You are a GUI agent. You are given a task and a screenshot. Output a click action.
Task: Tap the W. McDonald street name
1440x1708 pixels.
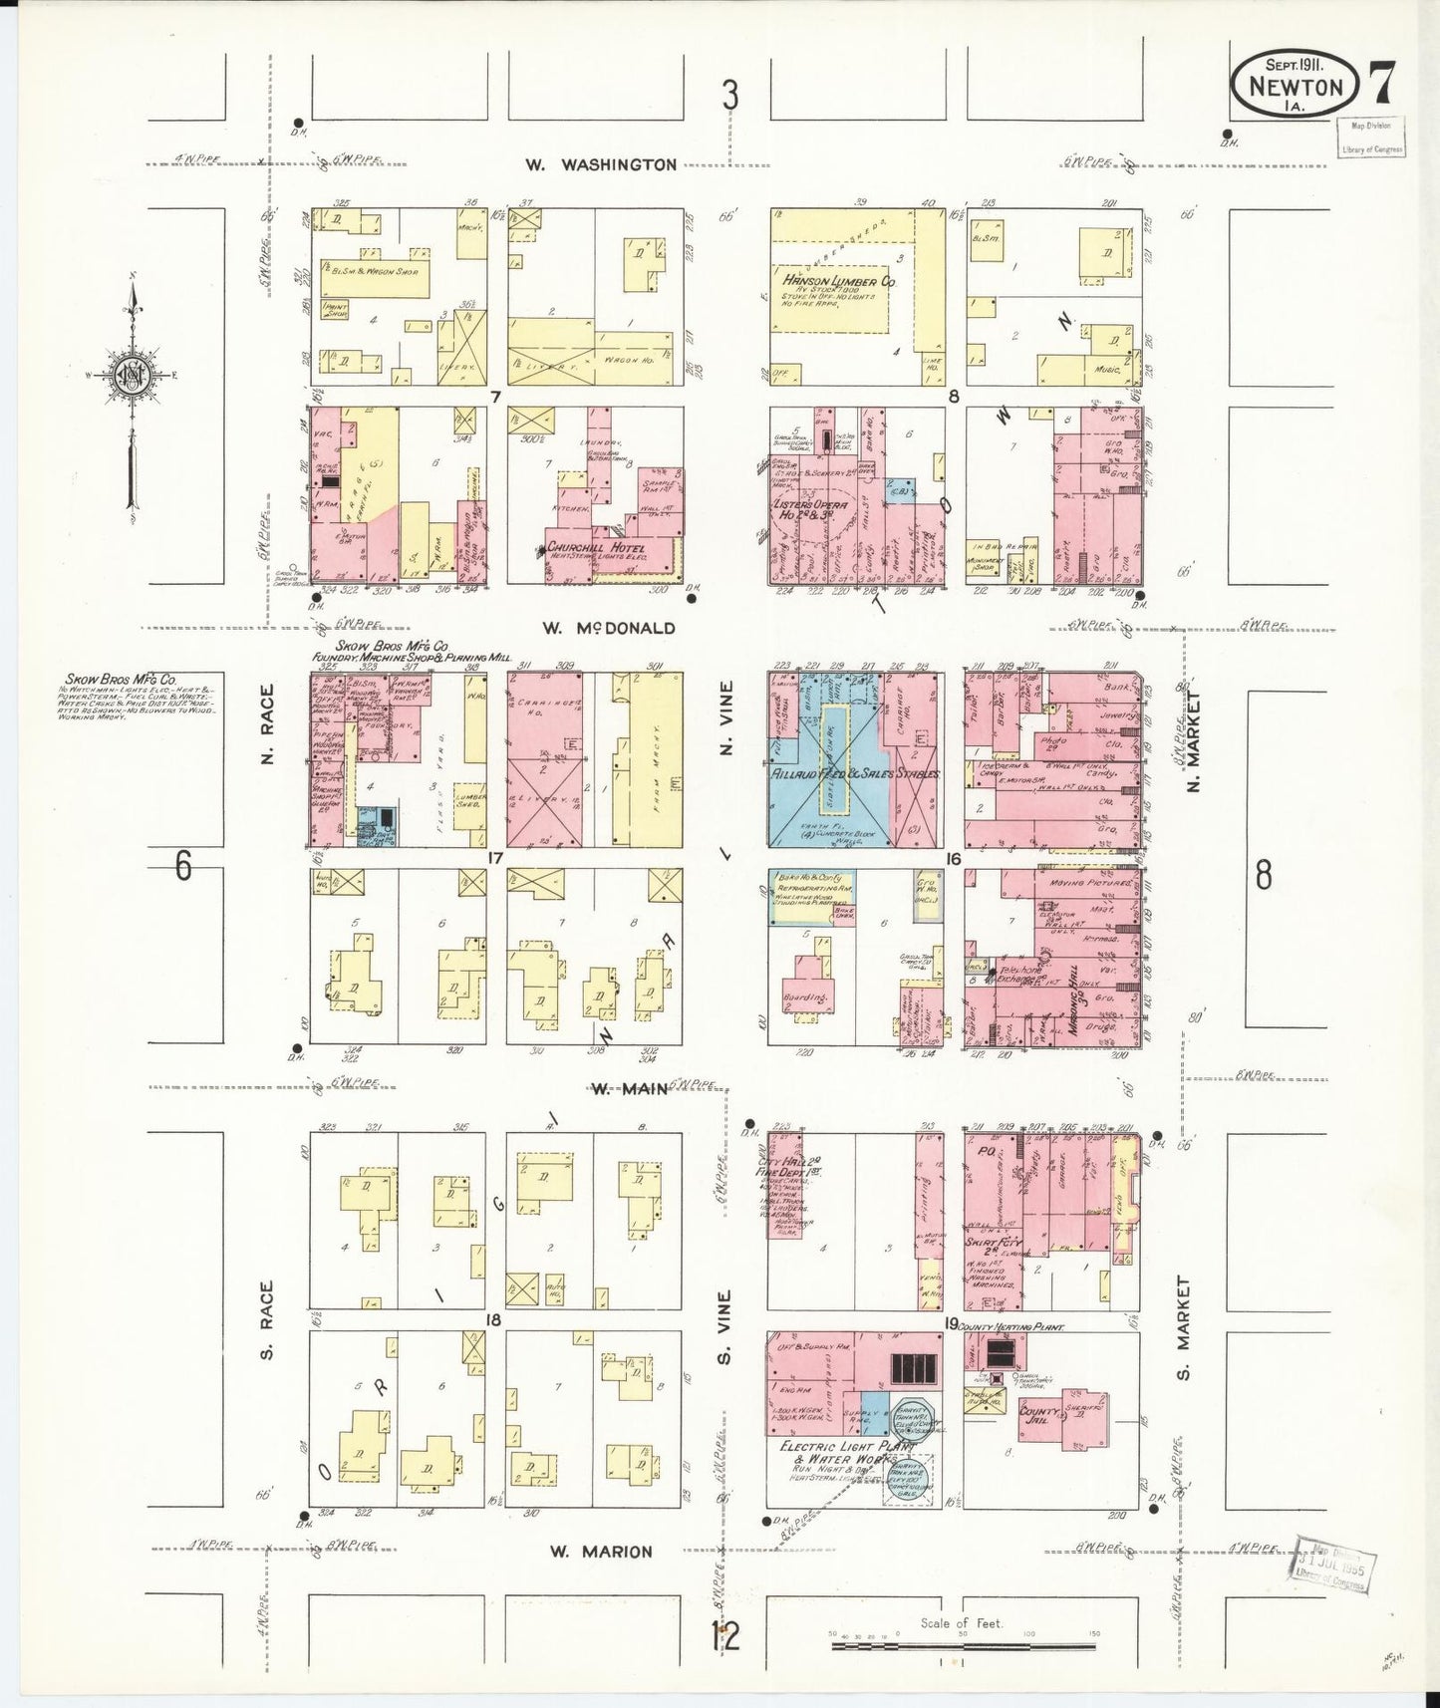tap(609, 628)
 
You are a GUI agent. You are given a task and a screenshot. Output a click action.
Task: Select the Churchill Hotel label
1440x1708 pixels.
tap(595, 549)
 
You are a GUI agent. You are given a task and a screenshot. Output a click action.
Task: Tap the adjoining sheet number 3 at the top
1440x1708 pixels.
tap(730, 97)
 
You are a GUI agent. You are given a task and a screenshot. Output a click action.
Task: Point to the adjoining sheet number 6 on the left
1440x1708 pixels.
tap(183, 866)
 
